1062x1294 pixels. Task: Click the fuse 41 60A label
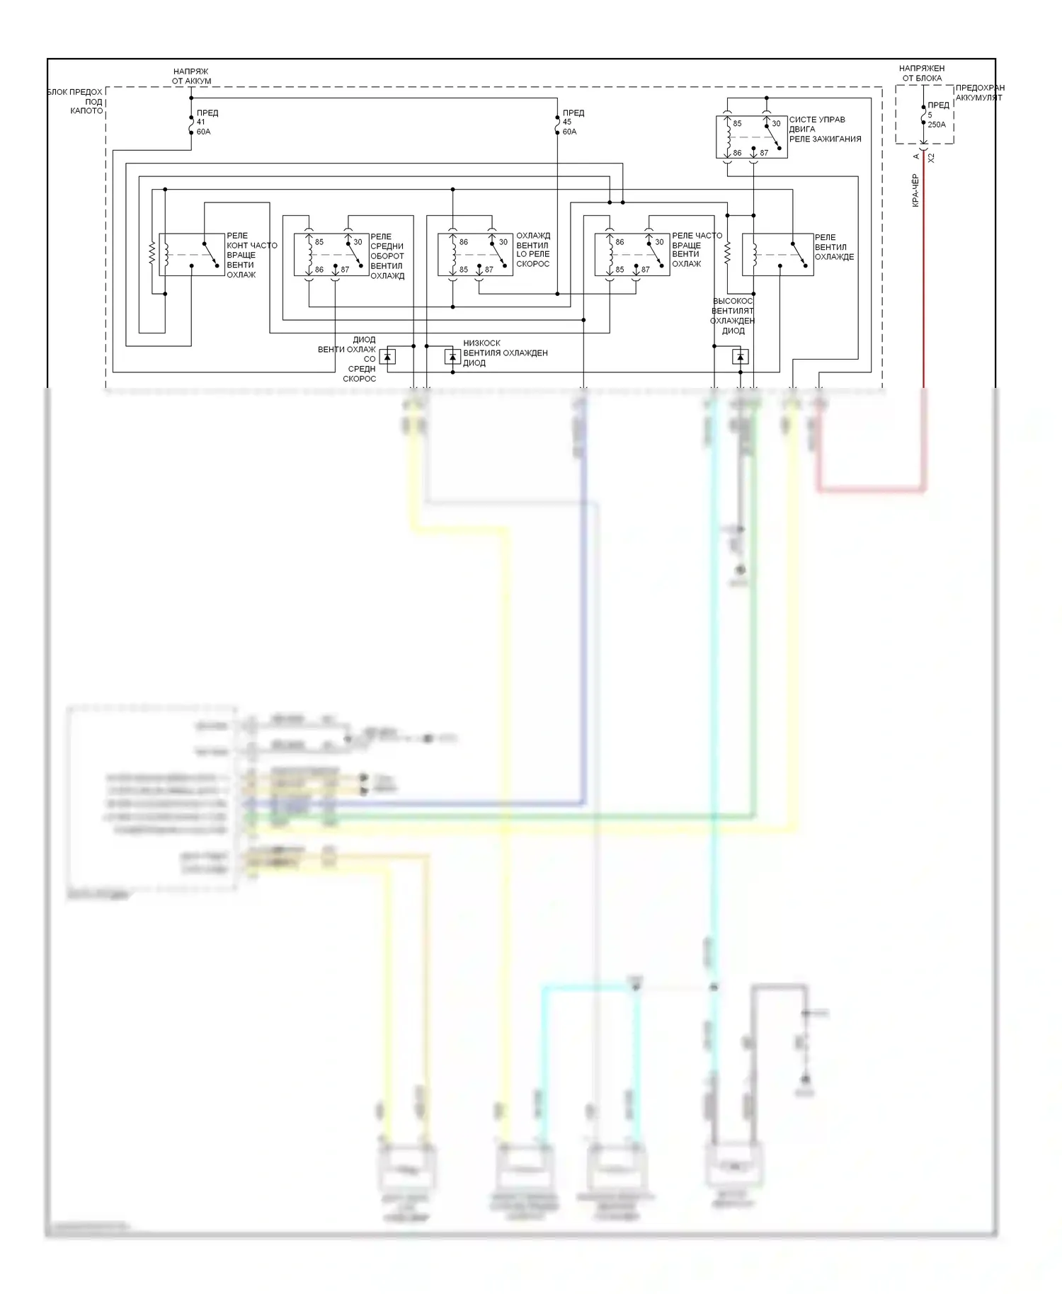point(204,122)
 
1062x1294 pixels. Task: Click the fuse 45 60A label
point(571,122)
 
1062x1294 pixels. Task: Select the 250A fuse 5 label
point(937,115)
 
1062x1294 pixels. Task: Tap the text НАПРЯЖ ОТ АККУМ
point(191,76)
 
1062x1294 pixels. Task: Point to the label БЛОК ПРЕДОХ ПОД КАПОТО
point(76,101)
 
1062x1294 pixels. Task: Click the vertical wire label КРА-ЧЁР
point(915,190)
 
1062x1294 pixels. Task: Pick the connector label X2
point(932,158)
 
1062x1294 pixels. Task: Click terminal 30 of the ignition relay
point(776,123)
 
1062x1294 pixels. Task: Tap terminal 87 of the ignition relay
point(764,153)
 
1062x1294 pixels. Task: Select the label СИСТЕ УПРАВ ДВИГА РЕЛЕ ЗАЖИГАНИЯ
point(825,130)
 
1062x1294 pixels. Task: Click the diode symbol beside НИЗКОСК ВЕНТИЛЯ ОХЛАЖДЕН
point(452,357)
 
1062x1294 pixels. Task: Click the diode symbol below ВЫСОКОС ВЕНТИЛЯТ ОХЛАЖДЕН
point(740,357)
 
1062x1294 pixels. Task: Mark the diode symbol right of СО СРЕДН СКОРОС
point(387,357)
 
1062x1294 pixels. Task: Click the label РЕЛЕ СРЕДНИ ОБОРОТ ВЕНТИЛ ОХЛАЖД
point(387,256)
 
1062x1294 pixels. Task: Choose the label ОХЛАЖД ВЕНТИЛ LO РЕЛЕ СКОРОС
point(533,250)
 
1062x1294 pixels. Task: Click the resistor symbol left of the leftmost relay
point(152,254)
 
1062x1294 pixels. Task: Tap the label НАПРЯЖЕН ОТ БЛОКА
point(922,73)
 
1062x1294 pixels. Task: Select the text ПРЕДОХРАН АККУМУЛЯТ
point(980,93)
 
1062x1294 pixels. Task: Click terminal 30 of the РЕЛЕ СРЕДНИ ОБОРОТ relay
point(358,242)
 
